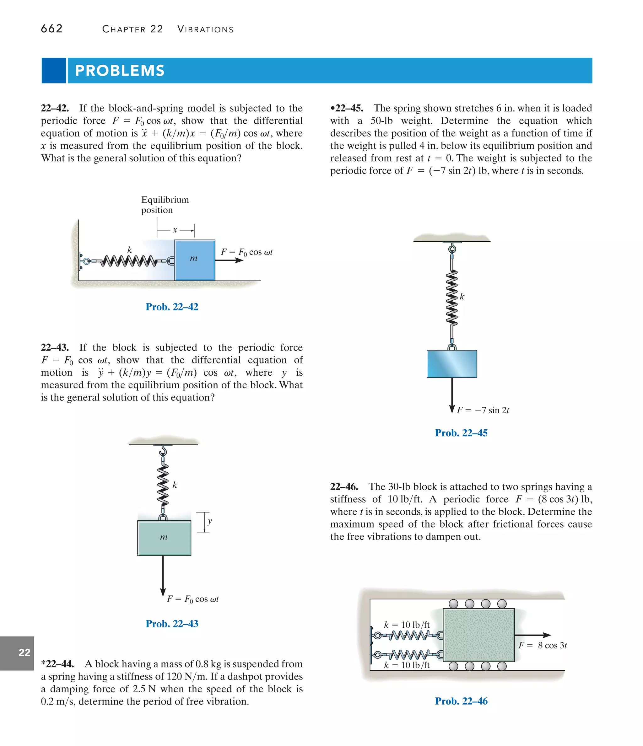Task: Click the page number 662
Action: pos(51,29)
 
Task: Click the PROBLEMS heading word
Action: pos(120,71)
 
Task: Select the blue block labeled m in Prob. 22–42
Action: pos(195,260)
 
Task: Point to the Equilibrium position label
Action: pos(165,205)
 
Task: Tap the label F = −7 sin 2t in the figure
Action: pos(482,410)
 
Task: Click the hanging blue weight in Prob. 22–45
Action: pos(452,364)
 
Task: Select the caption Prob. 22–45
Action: pos(461,433)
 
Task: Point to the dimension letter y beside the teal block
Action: pos(210,521)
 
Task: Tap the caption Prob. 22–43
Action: pos(172,624)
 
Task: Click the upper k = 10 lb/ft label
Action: pos(407,625)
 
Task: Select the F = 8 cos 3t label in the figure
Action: pos(543,646)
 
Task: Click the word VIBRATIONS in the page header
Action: pos(205,29)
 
